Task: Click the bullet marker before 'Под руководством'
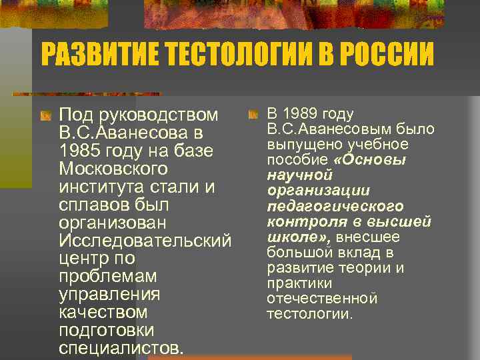[45, 116]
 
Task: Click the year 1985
[79, 151]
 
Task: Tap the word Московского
[113, 169]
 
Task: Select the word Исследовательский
[145, 241]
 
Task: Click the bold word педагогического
[335, 207]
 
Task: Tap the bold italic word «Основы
[373, 160]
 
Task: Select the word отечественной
[322, 299]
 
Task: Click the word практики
[296, 283]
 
